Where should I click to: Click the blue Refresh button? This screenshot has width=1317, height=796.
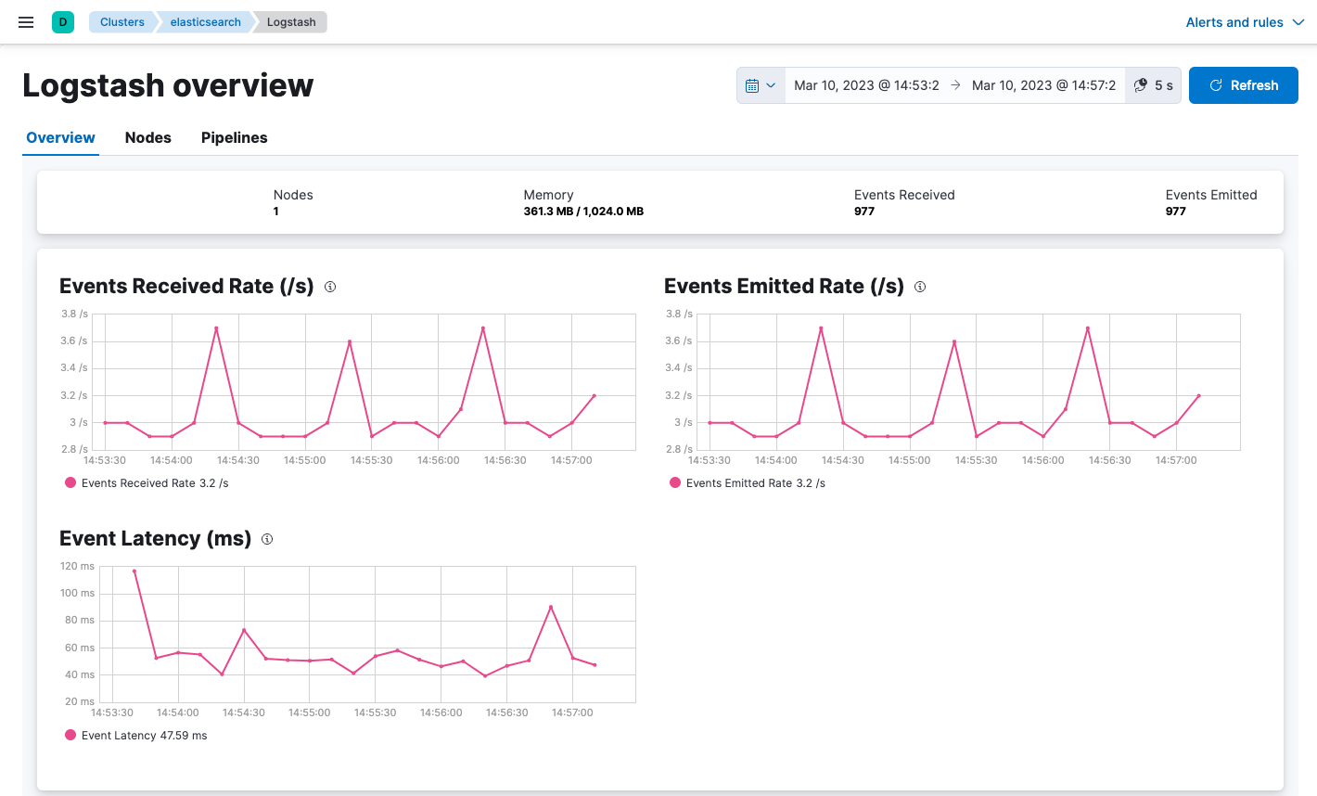[1243, 85]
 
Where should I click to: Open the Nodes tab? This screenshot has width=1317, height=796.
[148, 137]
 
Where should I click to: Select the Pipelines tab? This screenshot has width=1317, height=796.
[234, 137]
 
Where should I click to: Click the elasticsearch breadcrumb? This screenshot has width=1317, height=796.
[205, 22]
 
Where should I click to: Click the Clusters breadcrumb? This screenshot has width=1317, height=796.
[122, 22]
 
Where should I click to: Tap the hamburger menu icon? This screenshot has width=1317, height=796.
[26, 22]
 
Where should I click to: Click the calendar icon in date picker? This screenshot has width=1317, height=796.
[752, 85]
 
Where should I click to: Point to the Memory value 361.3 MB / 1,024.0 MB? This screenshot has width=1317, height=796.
[583, 212]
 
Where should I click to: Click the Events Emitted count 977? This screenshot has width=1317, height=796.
[1176, 212]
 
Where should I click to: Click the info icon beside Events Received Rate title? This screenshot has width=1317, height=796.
[330, 287]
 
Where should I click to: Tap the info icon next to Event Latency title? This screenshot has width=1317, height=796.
[267, 539]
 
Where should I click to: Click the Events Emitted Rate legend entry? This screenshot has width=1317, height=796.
[748, 483]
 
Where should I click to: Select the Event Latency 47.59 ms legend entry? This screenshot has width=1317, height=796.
[136, 736]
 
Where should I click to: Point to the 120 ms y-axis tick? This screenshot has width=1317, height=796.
[77, 566]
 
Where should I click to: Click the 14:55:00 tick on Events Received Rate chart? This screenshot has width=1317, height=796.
[305, 460]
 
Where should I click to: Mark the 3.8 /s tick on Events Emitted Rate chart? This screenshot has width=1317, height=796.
[679, 314]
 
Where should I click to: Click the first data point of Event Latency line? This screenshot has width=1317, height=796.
[134, 571]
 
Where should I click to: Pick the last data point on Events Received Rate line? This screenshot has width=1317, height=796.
[595, 396]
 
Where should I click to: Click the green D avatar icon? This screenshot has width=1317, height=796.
[63, 22]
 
